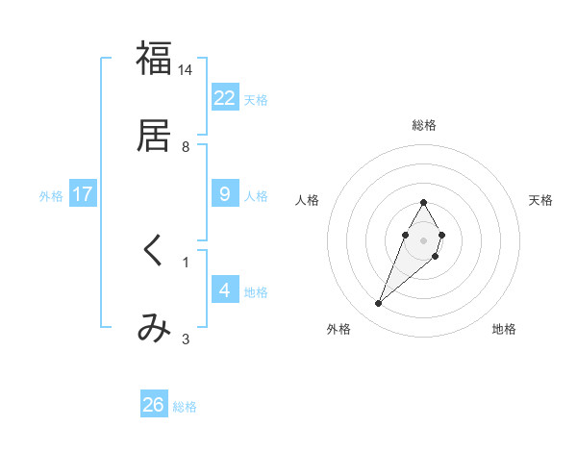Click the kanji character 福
[x=154, y=60]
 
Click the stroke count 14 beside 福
[x=186, y=70]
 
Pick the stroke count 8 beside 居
[x=186, y=146]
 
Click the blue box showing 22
[x=225, y=98]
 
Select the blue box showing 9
[x=225, y=194]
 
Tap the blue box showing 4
[x=225, y=290]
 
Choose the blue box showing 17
[x=83, y=194]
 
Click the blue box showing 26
[x=154, y=405]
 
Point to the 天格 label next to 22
[x=256, y=100]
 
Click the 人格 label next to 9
[x=256, y=196]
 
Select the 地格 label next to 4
[x=256, y=292]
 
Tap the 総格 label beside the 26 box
[x=185, y=407]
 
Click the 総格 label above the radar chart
[x=423, y=125]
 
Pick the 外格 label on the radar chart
[x=339, y=330]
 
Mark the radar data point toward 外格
[x=379, y=304]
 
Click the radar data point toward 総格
[x=423, y=203]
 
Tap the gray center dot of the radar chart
[x=423, y=239]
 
